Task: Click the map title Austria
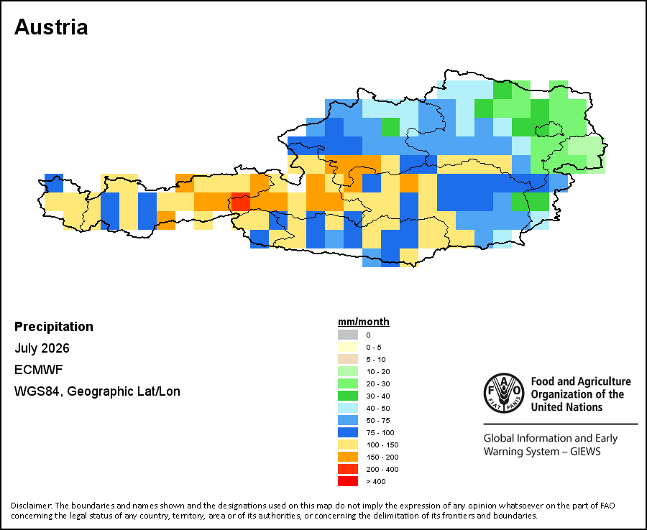click(51, 27)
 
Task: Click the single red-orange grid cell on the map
click(241, 202)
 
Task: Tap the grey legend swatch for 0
click(348, 335)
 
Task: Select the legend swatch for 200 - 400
click(348, 469)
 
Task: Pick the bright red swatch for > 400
click(348, 481)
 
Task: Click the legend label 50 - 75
click(378, 420)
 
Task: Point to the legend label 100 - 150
click(382, 445)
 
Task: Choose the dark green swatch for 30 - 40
click(348, 396)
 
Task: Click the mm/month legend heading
click(364, 322)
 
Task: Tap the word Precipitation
click(54, 327)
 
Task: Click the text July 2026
click(42, 348)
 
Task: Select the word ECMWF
click(38, 370)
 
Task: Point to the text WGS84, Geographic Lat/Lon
click(97, 391)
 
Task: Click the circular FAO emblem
click(504, 393)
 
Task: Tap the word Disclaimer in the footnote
click(32, 506)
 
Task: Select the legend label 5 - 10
click(376, 359)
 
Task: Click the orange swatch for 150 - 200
click(348, 457)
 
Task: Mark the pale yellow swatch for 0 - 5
click(348, 347)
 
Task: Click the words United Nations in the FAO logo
click(566, 407)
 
